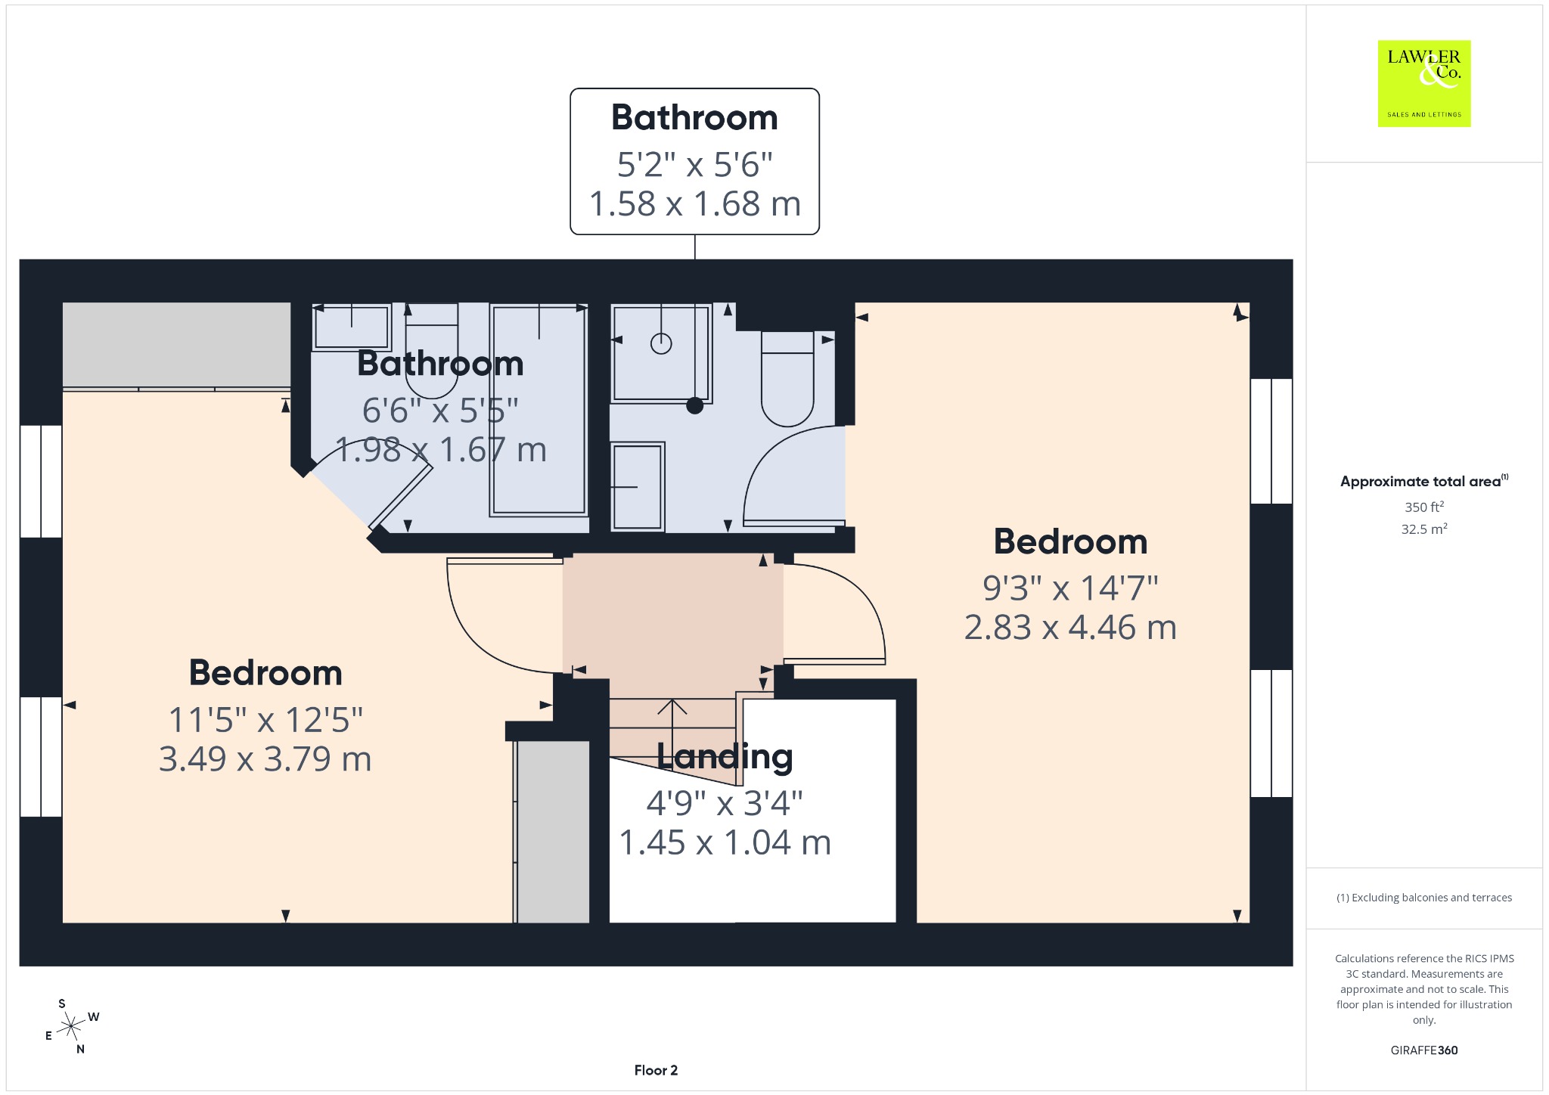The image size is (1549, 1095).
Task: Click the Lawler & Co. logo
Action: [1423, 83]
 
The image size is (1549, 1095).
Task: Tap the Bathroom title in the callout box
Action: [694, 117]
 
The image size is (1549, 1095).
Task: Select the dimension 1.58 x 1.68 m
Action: [694, 203]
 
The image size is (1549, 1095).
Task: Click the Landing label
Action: [725, 756]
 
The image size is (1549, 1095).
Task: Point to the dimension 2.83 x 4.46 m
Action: [1070, 627]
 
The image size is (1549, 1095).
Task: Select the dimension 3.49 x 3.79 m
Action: [265, 758]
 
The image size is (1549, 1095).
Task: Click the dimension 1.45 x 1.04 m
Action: [725, 842]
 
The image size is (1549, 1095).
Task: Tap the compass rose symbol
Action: [72, 1026]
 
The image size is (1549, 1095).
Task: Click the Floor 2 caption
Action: [656, 1070]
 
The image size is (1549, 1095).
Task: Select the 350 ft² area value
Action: [1423, 507]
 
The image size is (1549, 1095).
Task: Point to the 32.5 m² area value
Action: [1423, 529]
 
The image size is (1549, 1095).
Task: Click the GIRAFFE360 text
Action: [1423, 1050]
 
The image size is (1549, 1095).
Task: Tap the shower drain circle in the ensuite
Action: [661, 343]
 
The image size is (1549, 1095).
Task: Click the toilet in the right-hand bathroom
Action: [787, 378]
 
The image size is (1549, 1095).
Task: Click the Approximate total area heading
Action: [1423, 481]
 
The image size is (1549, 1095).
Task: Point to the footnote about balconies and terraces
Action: [1423, 898]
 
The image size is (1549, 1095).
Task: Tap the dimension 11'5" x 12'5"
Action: [265, 719]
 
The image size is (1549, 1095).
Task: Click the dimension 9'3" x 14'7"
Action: [1070, 588]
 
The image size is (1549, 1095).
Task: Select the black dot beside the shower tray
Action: [694, 405]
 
